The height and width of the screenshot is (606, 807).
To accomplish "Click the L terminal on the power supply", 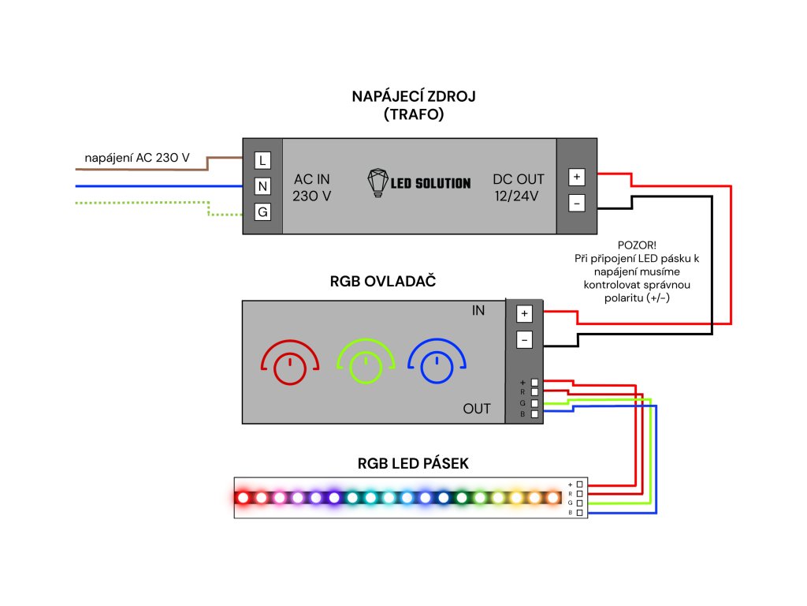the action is (262, 160).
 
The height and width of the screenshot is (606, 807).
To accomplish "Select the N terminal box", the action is (262, 186).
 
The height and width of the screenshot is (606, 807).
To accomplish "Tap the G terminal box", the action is (262, 211).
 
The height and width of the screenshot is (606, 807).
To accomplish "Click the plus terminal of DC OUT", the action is (576, 177).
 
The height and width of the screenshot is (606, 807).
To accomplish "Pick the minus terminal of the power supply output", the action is (576, 203).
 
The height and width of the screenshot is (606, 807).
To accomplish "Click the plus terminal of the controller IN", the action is (524, 313).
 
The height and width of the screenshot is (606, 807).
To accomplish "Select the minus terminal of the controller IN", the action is (524, 339).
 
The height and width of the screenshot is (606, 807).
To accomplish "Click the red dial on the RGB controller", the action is (290, 362).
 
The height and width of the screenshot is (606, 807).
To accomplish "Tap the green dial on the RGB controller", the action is (366, 361).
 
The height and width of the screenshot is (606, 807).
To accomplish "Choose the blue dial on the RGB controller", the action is (437, 361).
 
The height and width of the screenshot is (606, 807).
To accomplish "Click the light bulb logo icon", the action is (377, 182).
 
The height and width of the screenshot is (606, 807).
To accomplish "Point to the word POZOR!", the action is (637, 245).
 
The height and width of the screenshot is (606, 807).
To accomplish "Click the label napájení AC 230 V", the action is (137, 158).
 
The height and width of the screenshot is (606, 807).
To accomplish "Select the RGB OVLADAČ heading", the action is (383, 282).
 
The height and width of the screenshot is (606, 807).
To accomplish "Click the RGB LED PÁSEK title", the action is (413, 463).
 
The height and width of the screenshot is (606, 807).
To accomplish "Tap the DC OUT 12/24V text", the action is (518, 188).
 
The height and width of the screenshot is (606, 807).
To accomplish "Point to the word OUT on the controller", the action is (477, 409).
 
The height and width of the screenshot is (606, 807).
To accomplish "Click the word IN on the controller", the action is (478, 310).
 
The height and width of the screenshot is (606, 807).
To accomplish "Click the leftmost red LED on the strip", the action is (243, 498).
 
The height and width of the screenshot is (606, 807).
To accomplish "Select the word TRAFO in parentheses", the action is (414, 114).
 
